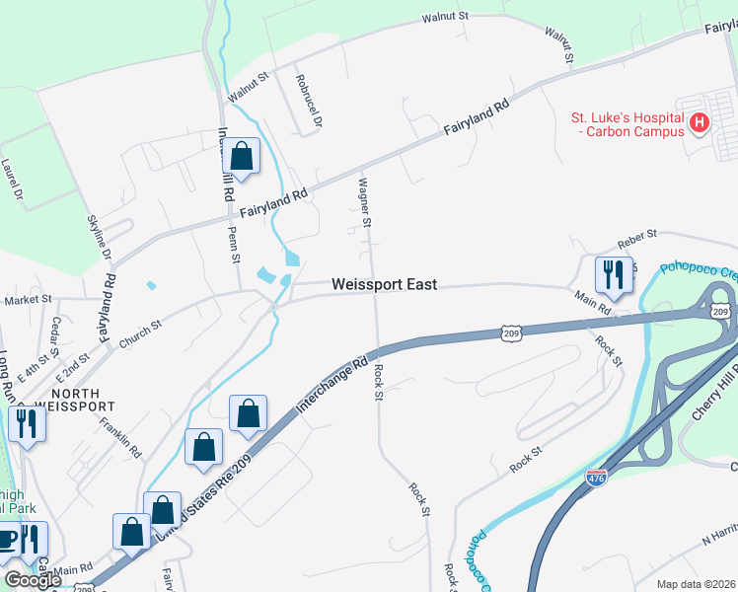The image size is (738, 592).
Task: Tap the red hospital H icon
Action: tap(700, 123)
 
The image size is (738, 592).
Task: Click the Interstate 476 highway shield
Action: tap(596, 478)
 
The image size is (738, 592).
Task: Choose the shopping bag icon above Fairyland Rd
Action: tap(241, 156)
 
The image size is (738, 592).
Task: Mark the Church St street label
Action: tap(140, 332)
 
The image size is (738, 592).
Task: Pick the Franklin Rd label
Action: tap(121, 435)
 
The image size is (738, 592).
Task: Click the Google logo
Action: tap(34, 580)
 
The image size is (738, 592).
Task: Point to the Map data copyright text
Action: tap(696, 584)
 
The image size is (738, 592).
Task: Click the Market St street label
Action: tap(27, 299)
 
